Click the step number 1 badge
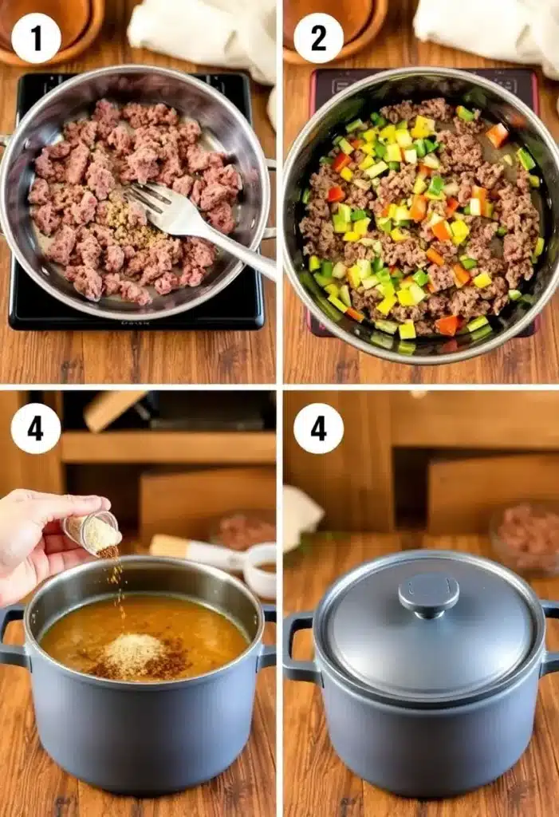tap(36, 38)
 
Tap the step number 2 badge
tap(318, 38)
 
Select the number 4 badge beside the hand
tap(36, 428)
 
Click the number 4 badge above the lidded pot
tap(318, 428)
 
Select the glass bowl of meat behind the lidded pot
tap(522, 535)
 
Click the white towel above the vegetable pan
tap(486, 32)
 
